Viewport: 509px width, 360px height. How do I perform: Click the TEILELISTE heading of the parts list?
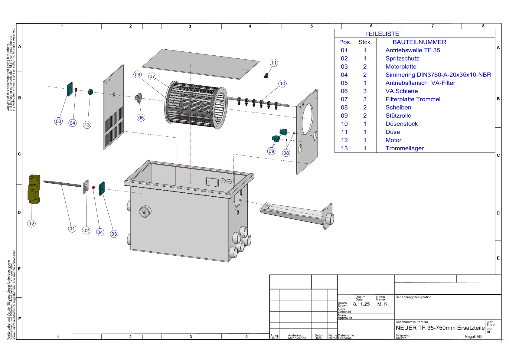382,34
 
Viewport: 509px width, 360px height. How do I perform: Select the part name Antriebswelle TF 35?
413,50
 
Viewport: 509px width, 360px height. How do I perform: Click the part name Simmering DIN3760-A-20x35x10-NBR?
438,75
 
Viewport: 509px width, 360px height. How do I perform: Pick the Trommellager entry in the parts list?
404,148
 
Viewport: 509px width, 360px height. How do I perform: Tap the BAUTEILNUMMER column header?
419,42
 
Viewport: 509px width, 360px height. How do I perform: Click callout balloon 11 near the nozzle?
274,63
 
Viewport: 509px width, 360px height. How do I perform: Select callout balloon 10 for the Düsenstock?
282,83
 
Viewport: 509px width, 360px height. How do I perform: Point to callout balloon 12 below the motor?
31,224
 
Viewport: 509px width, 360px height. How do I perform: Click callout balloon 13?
87,125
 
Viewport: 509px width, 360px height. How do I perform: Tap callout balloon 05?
141,118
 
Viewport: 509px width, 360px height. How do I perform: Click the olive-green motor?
34,189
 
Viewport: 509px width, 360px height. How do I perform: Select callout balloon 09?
271,151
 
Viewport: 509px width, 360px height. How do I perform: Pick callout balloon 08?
286,153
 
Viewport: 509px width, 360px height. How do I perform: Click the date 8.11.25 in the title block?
361,304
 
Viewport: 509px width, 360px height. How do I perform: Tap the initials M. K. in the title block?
383,304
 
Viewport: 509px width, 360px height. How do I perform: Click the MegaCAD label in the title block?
473,337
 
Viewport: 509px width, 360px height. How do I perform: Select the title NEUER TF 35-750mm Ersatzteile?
440,328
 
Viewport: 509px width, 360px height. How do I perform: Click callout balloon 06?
138,74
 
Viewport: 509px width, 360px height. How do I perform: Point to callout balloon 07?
152,76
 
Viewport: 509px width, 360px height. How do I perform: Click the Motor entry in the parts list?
393,140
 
